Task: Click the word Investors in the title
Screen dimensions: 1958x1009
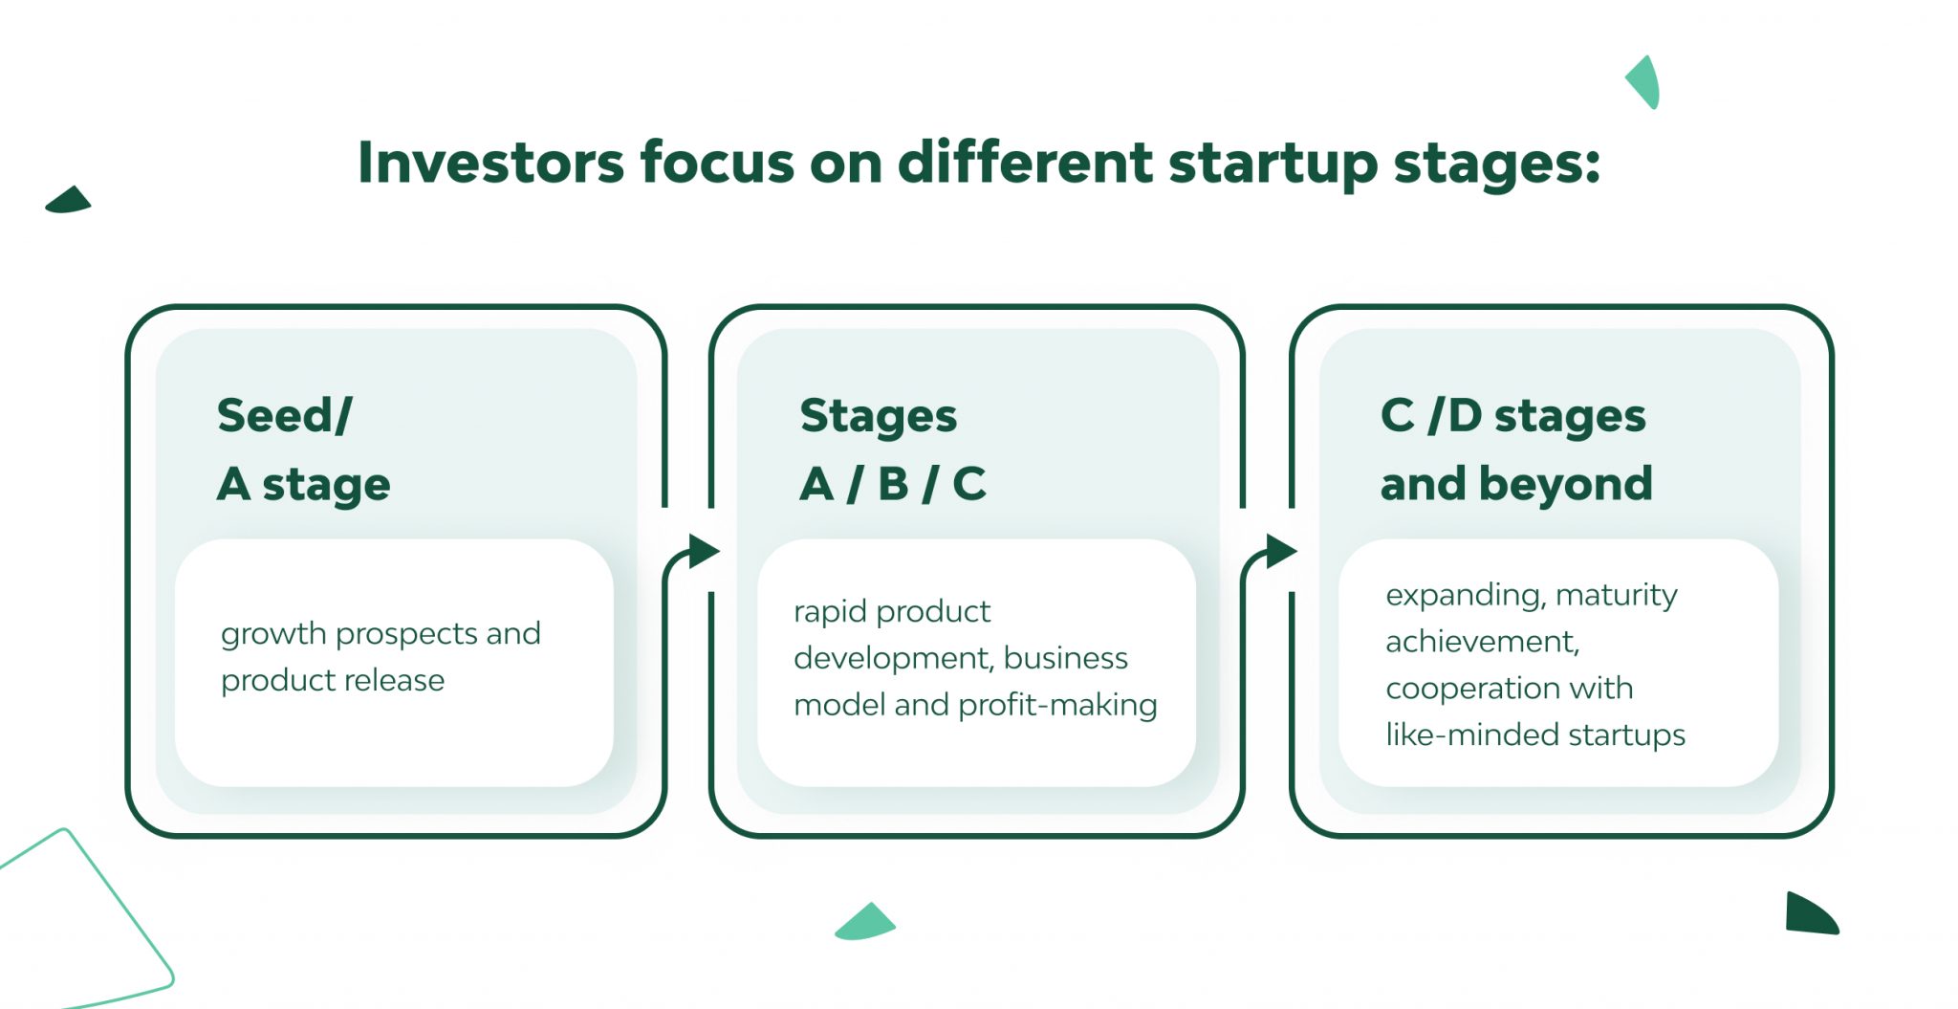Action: tap(490, 162)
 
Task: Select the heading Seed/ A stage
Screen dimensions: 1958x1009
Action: tap(304, 450)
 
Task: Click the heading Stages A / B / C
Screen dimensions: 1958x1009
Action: tap(893, 450)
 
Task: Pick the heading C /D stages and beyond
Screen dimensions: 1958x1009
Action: tap(1516, 450)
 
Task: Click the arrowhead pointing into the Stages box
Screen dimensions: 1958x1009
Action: tap(704, 551)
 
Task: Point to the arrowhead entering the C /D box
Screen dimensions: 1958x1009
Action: tap(1281, 551)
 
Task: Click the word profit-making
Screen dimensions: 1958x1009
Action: tap(1057, 705)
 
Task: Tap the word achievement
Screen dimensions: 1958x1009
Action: tap(1483, 642)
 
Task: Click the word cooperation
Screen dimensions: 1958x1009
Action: tap(1460, 690)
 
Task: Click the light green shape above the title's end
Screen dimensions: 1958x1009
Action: tap(1644, 82)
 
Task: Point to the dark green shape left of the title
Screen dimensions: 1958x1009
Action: tap(69, 201)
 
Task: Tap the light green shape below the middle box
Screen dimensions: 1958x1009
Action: tap(865, 923)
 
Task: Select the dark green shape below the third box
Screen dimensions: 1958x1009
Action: tap(1810, 914)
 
